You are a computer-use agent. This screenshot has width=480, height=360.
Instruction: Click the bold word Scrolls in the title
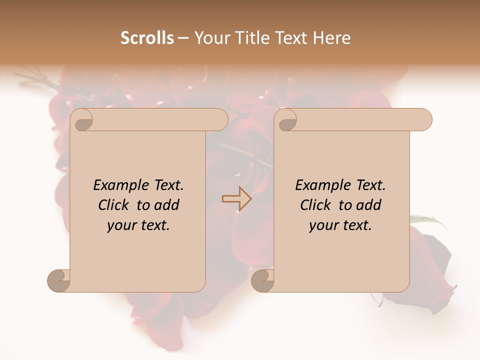click(x=147, y=38)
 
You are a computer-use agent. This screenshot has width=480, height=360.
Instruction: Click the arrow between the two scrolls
click(x=237, y=199)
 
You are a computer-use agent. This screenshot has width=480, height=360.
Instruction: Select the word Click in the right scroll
click(x=316, y=205)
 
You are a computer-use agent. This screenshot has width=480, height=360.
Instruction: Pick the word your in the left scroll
click(x=121, y=225)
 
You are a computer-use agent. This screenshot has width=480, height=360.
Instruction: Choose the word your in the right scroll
click(x=323, y=225)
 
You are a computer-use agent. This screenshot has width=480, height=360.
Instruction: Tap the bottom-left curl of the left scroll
click(x=58, y=280)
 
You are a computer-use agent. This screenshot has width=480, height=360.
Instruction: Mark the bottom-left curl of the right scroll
click(x=262, y=280)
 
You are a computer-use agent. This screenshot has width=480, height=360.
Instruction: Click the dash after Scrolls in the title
click(x=183, y=38)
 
